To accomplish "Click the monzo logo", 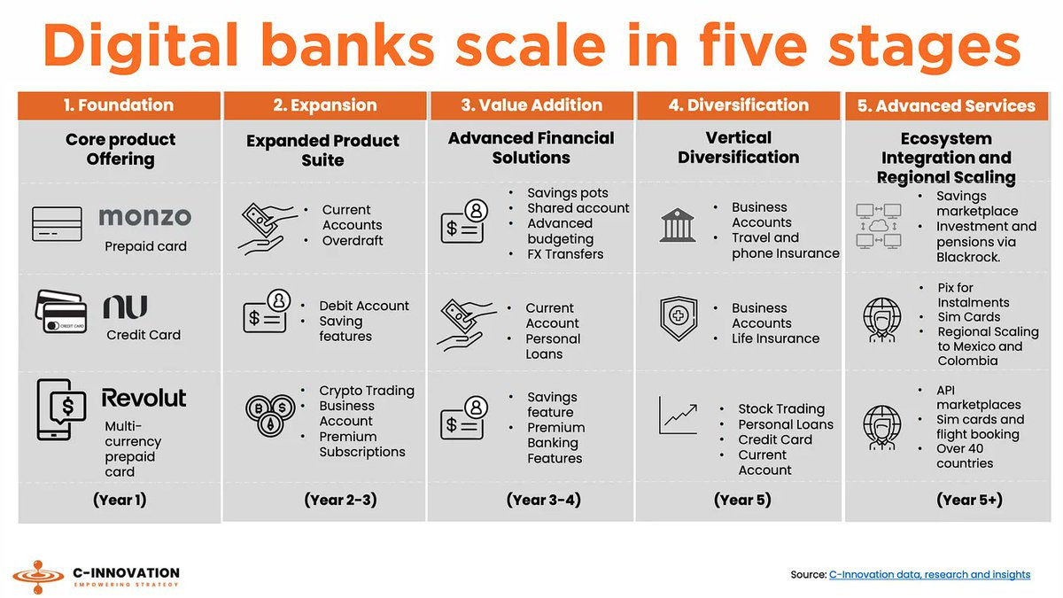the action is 144,216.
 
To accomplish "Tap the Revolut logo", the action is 144,398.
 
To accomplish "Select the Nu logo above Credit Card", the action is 125,307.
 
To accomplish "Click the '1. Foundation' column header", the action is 119,105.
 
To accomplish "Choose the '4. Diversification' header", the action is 739,105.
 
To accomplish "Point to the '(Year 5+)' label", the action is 969,500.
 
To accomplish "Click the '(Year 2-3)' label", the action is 341,500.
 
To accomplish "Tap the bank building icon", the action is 678,225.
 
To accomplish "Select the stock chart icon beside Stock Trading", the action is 679,415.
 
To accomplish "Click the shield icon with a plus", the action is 679,318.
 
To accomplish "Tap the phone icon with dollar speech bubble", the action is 61,409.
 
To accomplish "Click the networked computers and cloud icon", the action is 879,227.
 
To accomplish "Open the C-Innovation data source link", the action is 929,575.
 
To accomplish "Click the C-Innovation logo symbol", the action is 38,577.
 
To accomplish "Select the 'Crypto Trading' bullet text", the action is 367,391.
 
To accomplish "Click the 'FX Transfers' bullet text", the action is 565,254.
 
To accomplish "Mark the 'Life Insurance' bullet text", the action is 775,338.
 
